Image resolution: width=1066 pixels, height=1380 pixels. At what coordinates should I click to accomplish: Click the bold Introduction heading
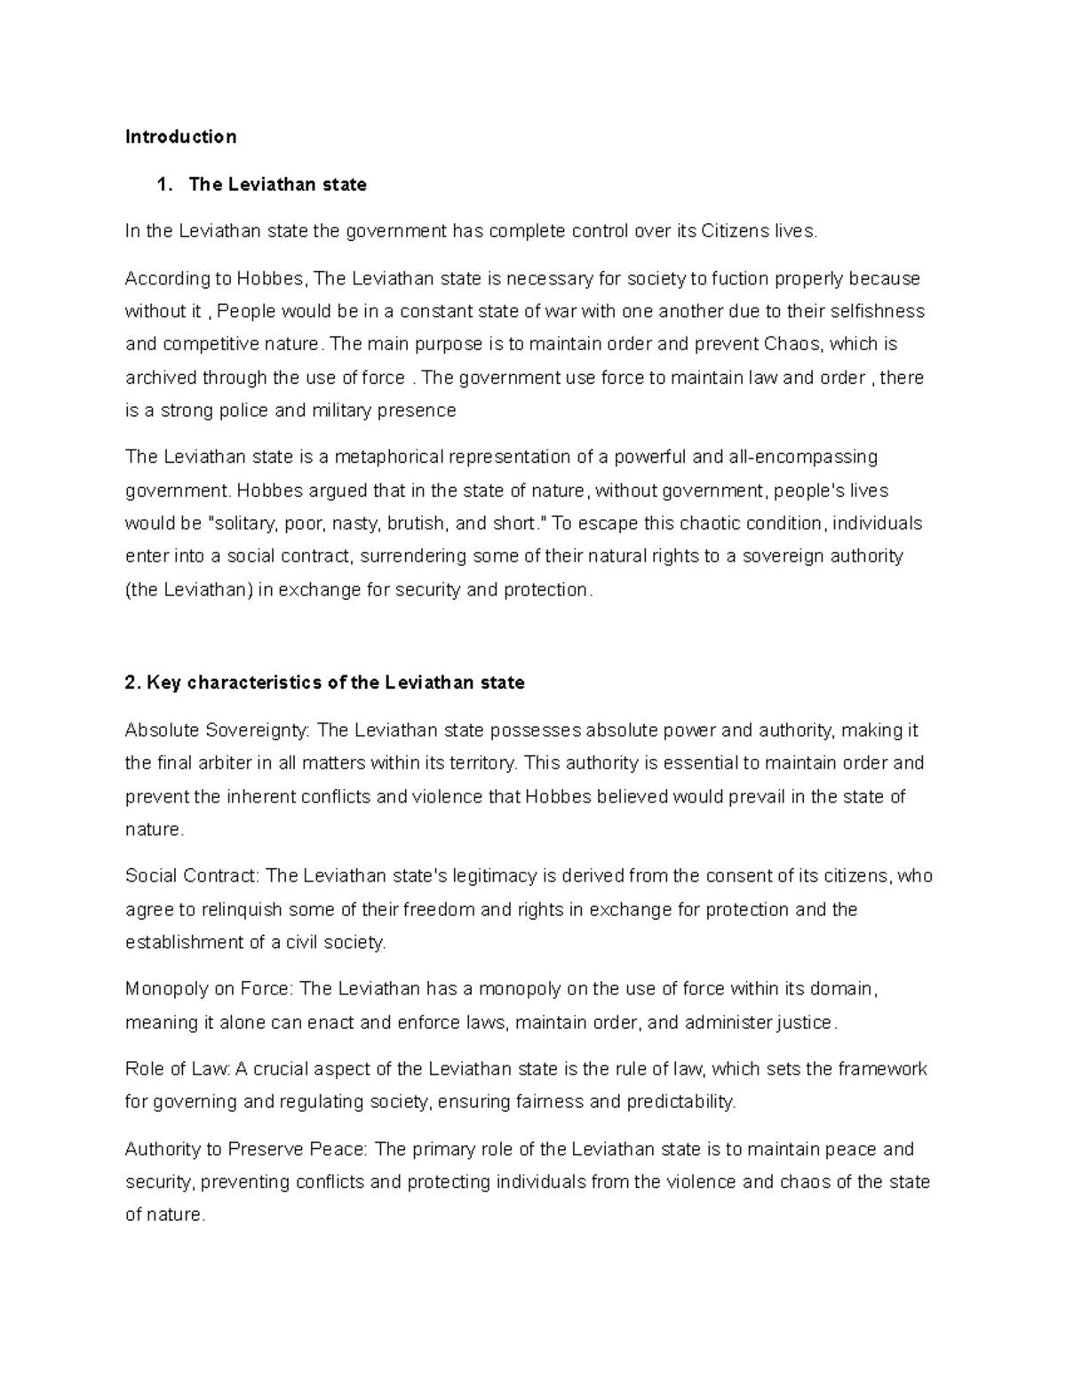click(180, 137)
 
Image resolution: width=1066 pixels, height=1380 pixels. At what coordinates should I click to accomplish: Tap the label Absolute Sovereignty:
click(218, 731)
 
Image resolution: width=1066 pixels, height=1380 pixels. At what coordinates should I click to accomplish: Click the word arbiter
click(219, 763)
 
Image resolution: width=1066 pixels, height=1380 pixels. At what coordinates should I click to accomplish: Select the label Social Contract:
click(193, 876)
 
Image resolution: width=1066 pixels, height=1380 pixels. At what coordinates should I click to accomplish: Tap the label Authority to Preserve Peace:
click(246, 1150)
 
